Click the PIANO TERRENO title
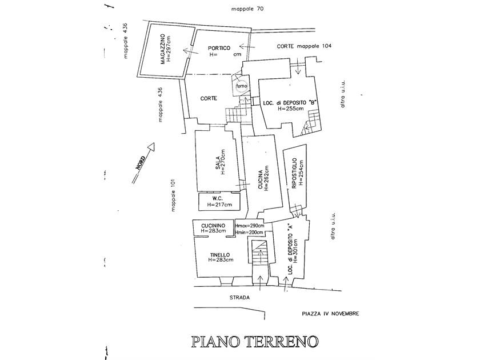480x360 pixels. click(255, 342)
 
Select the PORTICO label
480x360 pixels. click(219, 48)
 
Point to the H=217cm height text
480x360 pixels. click(220, 205)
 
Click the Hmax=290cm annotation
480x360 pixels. click(249, 226)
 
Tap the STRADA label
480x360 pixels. click(240, 298)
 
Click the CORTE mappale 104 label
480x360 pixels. click(303, 46)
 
